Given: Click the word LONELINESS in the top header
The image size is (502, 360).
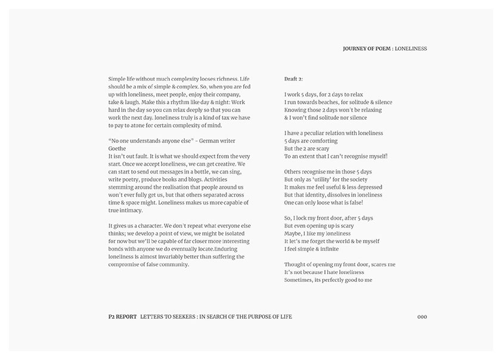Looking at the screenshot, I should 411,48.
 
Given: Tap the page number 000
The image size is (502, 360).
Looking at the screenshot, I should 422,316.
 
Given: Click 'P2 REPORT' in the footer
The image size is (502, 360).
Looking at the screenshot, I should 119,316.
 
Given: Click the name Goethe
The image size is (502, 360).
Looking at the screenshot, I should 118,148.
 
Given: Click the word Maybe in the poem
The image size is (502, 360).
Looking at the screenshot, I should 294,234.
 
